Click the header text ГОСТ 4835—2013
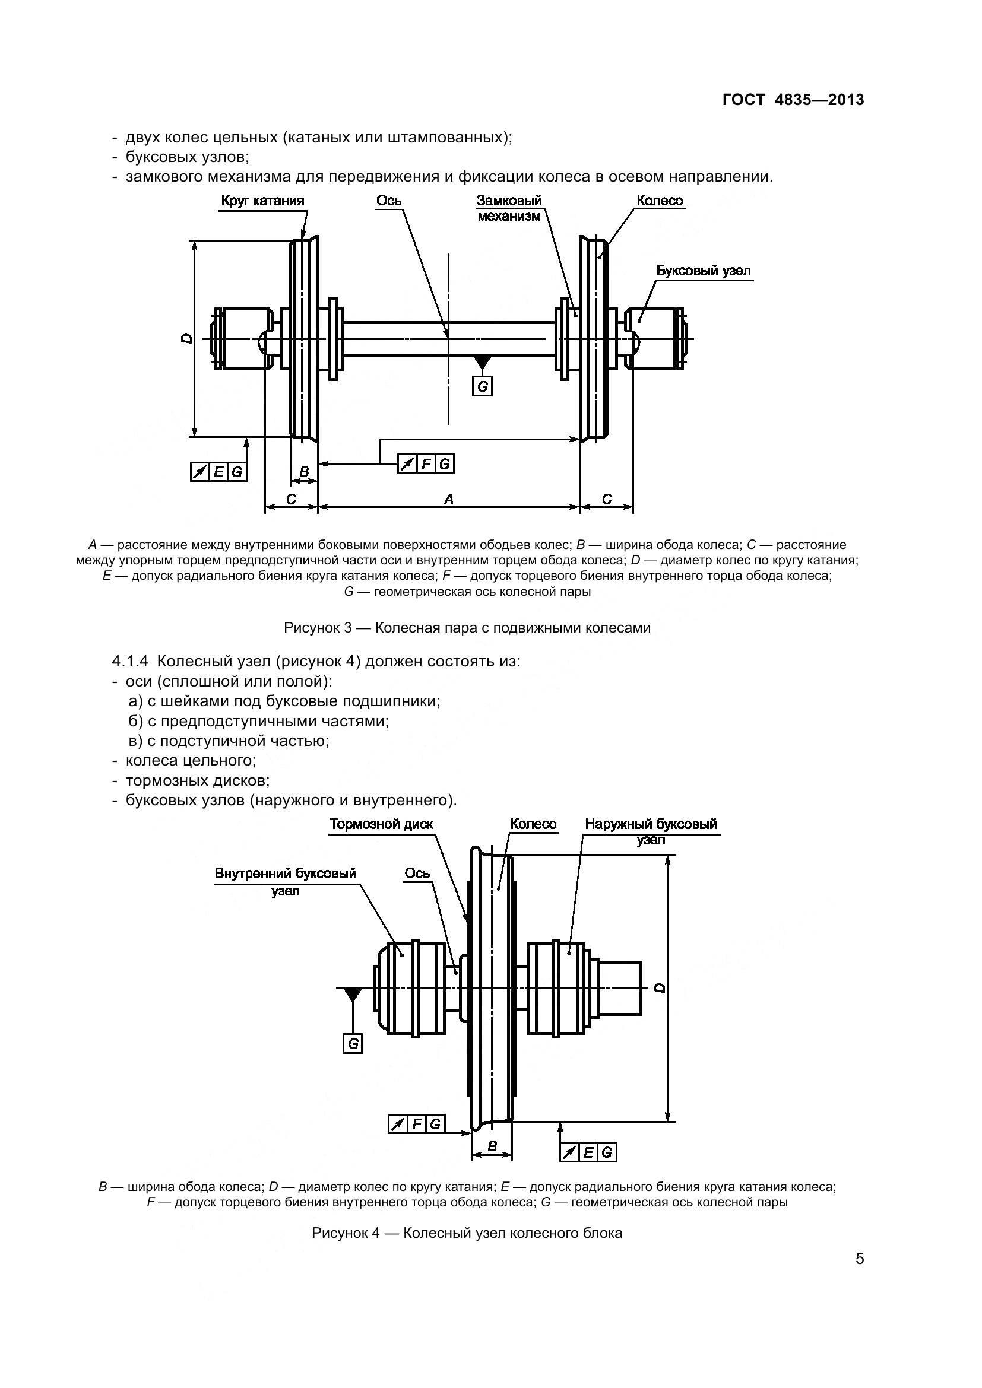tap(793, 100)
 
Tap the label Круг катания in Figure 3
tap(262, 201)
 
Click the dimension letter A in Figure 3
tap(448, 498)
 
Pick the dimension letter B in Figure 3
tap(304, 472)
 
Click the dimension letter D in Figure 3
tap(187, 338)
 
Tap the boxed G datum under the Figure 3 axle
tap(482, 386)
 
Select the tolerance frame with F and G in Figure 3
tap(426, 464)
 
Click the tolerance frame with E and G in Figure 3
tap(218, 472)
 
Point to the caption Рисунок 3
tap(467, 627)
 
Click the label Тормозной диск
tap(381, 825)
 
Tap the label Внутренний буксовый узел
tap(286, 882)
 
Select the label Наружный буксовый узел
tap(651, 832)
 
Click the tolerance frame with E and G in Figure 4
tap(588, 1153)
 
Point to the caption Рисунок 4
tap(467, 1233)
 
